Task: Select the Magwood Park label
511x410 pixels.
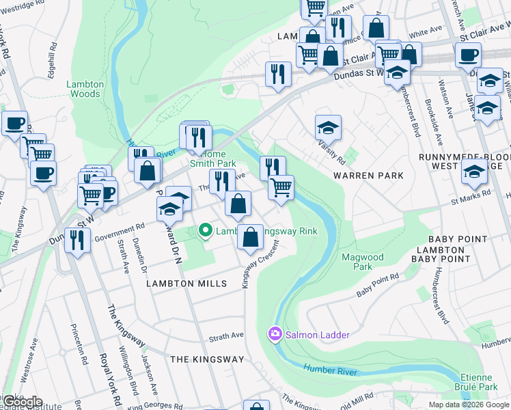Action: pos(363,262)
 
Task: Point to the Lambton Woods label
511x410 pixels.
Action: pos(85,89)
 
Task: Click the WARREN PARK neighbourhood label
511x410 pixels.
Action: pos(368,176)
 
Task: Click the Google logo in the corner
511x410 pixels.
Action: pos(22,402)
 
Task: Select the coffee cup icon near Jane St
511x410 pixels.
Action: pos(468,55)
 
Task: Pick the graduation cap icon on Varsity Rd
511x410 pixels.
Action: pos(328,127)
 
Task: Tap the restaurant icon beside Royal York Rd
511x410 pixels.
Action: pos(78,240)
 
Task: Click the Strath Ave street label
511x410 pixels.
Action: pos(226,337)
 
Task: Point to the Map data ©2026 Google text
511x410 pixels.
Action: pos(469,405)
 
